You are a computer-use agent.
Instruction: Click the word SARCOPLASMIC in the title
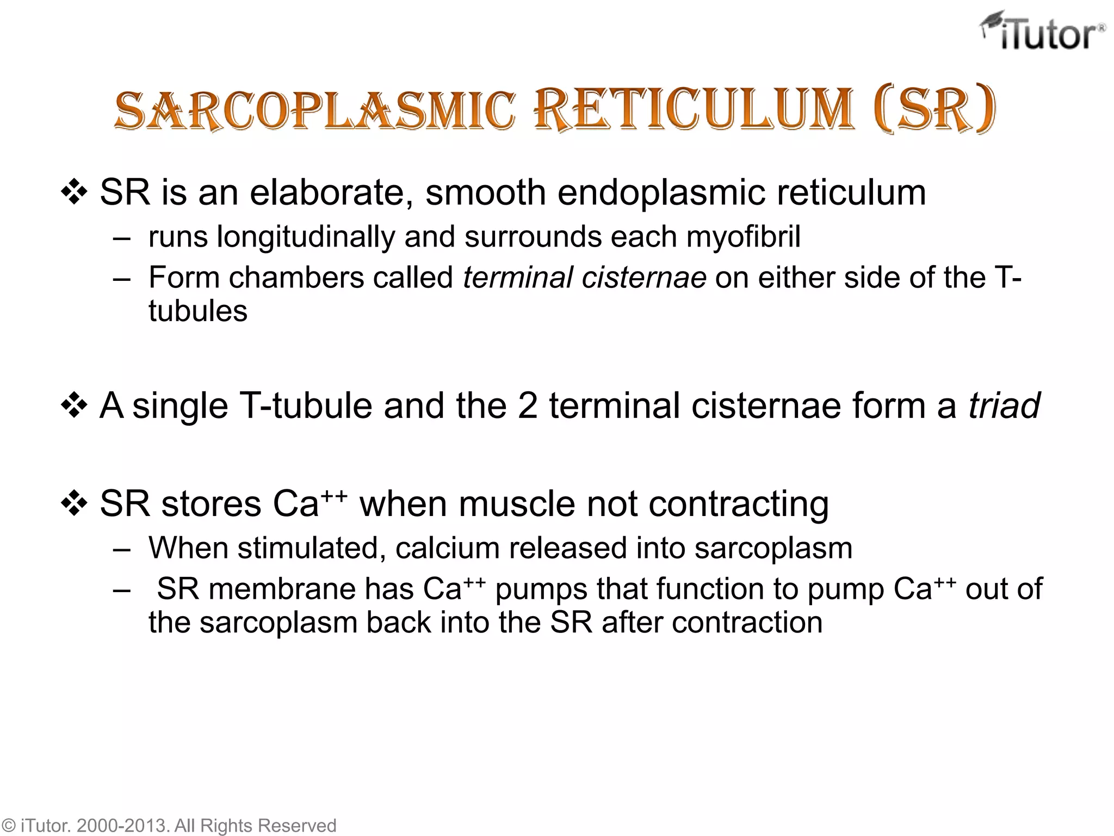[314, 111]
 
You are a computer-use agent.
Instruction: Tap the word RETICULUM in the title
[693, 111]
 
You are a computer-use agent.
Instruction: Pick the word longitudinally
[305, 237]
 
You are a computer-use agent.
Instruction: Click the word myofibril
[743, 237]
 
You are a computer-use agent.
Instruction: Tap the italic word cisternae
[644, 278]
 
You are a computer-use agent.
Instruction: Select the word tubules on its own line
[198, 311]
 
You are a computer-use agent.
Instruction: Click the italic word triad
[1004, 406]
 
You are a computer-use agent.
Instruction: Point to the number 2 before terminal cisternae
[527, 406]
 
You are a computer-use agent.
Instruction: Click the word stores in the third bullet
[211, 504]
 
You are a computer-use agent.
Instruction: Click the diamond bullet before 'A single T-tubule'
[74, 406]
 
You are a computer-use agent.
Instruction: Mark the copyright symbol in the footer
[9, 826]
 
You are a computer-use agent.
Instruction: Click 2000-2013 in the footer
[123, 826]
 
